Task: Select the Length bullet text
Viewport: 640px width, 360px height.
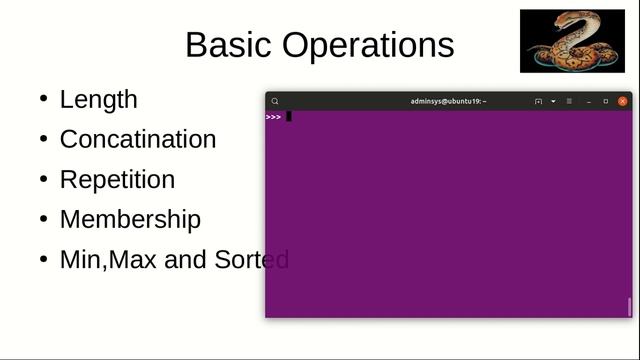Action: pos(98,99)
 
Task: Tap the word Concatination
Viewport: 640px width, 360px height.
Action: pos(138,139)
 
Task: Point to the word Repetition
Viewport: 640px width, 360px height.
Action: pos(117,179)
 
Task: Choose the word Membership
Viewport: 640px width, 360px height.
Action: pos(130,219)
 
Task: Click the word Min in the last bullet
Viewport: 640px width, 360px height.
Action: pos(81,259)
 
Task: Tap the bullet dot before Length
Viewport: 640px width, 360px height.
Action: pos(43,99)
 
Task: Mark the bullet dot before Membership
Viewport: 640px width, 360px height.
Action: pos(43,219)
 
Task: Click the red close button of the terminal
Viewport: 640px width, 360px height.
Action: pos(623,101)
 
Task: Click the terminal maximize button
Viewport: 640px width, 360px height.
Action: pos(605,101)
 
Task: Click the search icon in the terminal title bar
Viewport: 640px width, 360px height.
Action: pos(275,101)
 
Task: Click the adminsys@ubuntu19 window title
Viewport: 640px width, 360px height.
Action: pos(447,101)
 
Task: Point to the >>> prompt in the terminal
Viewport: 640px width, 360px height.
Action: pos(273,117)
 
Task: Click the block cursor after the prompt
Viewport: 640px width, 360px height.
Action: pos(289,117)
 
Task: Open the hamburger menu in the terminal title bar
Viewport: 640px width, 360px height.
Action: pos(569,101)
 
